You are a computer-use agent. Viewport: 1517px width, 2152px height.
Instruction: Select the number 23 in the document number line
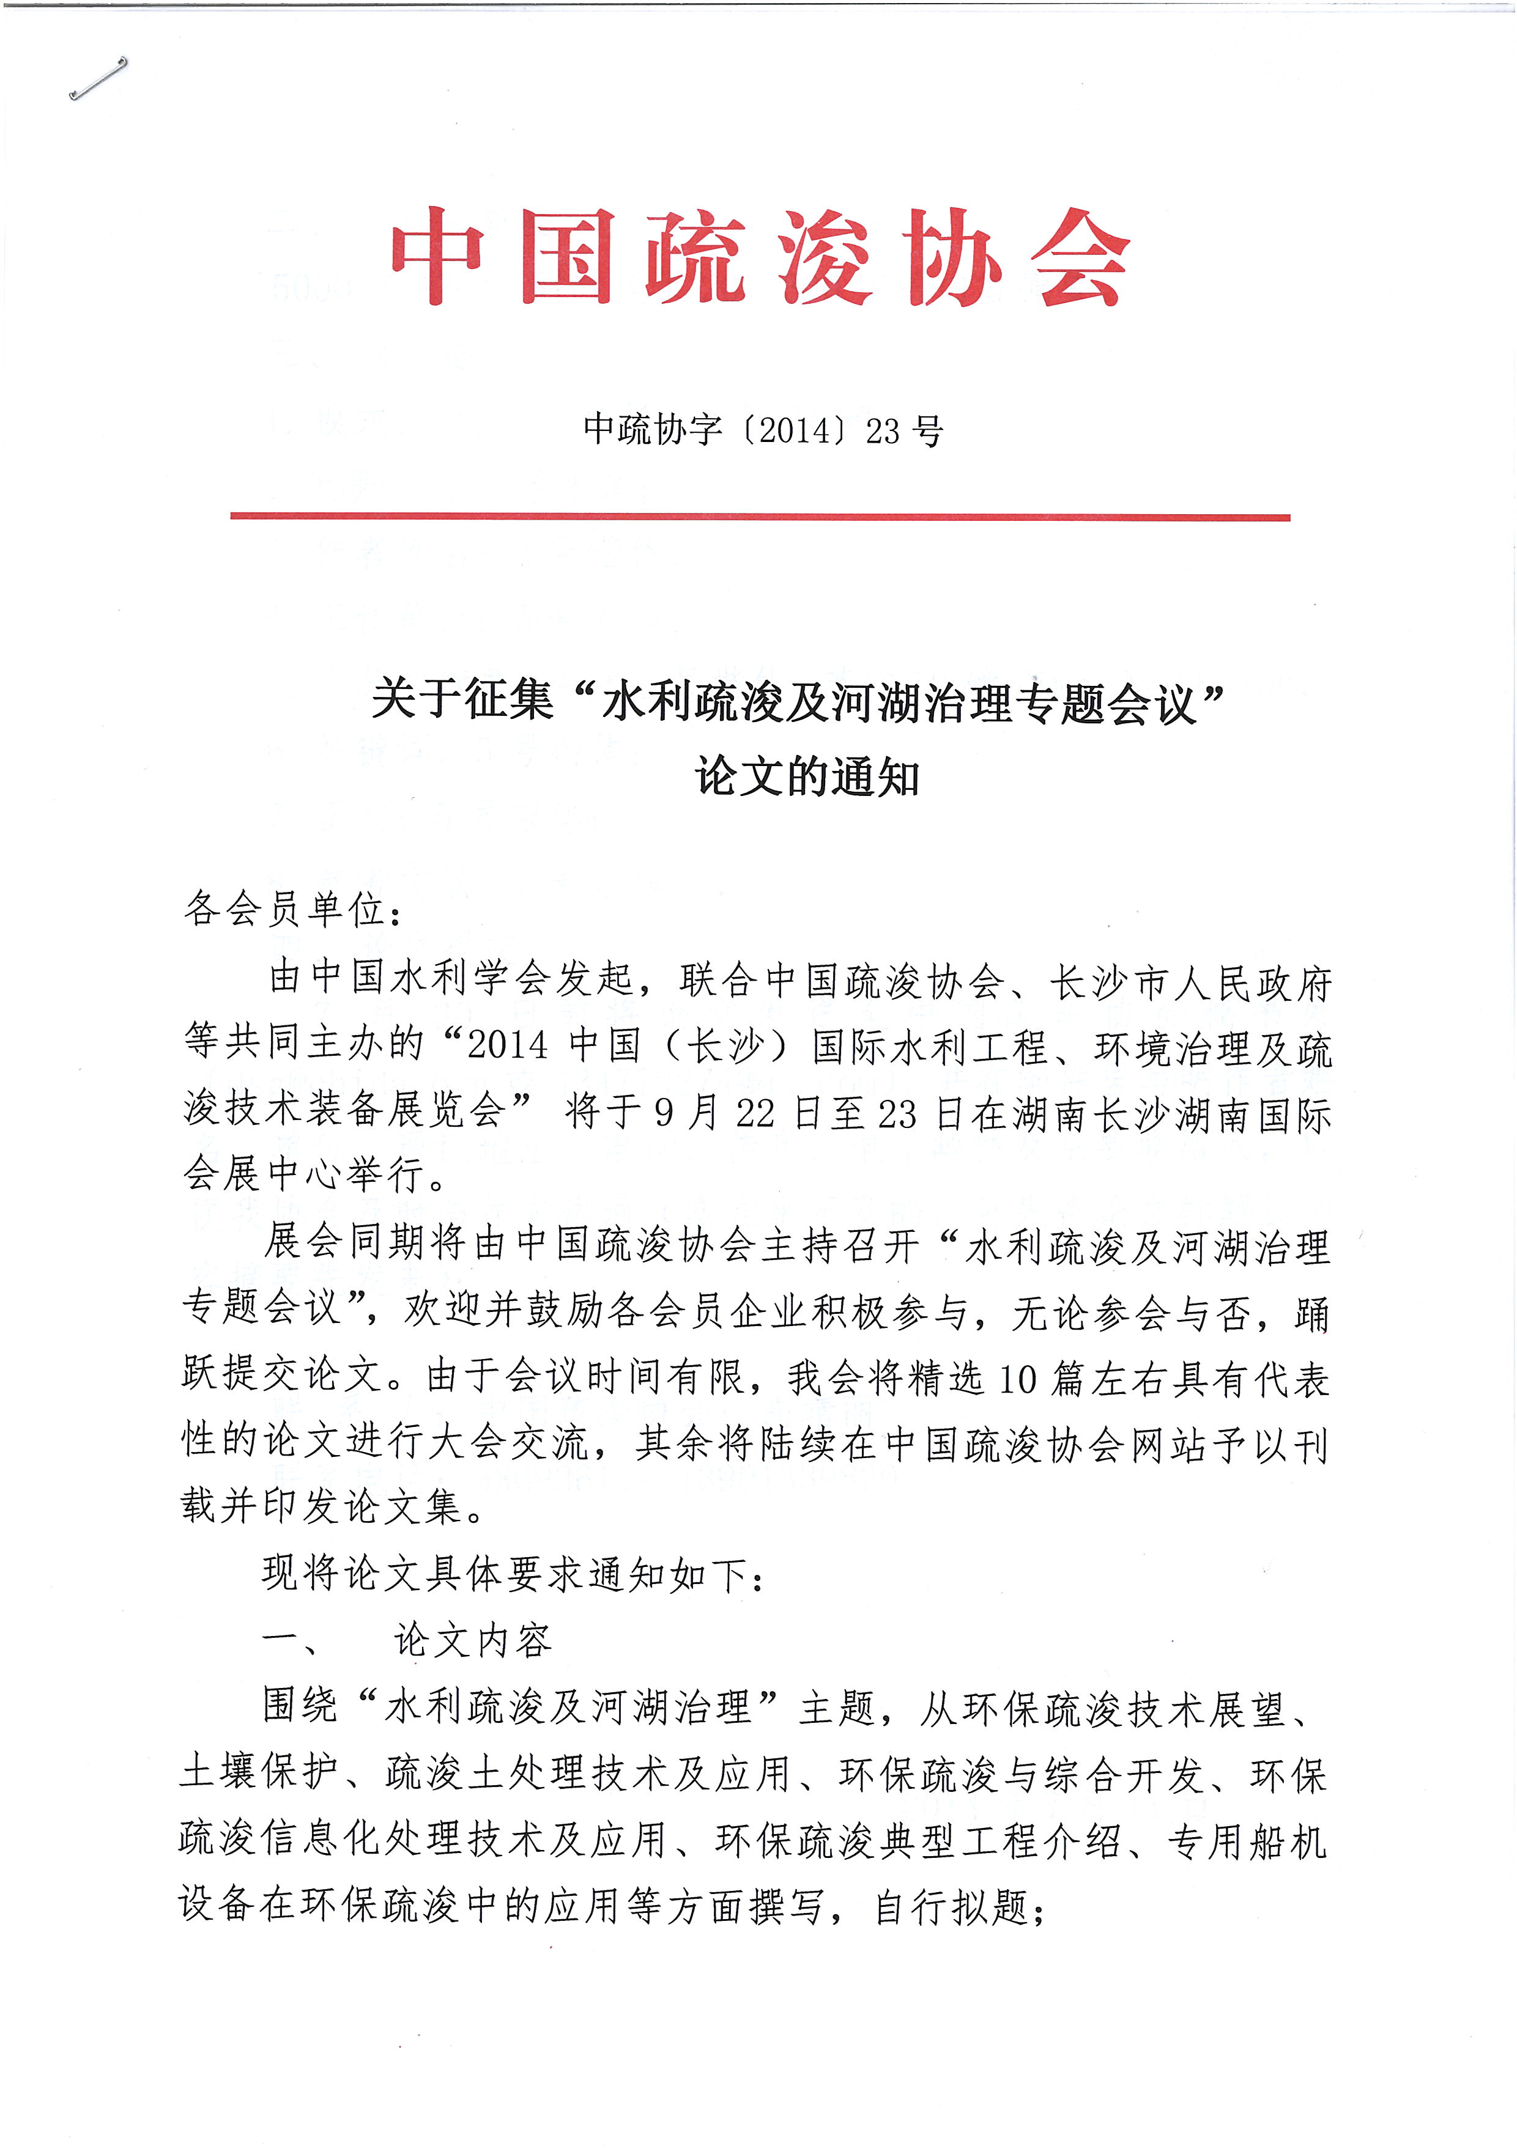tap(882, 431)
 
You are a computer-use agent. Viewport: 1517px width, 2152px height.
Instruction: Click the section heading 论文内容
tap(473, 1640)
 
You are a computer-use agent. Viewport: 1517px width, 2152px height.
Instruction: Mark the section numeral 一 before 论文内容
tap(281, 1640)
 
